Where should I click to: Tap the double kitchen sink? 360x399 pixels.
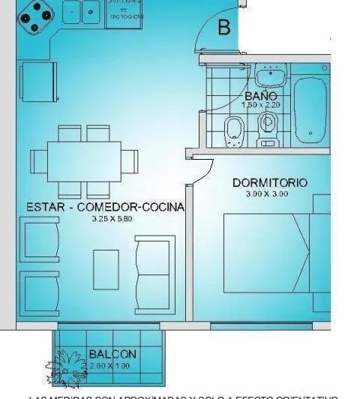82,12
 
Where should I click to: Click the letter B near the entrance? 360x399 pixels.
223,28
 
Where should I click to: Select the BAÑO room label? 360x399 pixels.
260,96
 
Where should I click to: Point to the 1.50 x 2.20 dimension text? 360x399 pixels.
259,106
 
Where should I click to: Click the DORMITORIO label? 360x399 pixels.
269,182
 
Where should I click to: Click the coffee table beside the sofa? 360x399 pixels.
106,268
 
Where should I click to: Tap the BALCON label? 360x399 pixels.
112,354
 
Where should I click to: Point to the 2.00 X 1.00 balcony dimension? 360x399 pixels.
108,365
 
